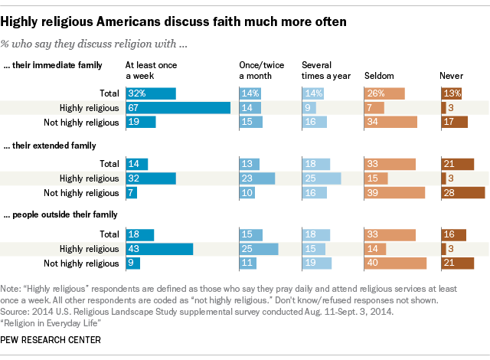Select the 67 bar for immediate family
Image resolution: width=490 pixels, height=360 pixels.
pos(178,108)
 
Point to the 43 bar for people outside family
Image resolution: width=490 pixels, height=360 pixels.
pos(158,249)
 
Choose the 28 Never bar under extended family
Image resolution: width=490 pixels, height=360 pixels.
pos(463,191)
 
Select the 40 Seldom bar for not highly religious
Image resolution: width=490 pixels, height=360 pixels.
pos(396,263)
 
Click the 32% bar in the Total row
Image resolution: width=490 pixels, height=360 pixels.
pos(150,93)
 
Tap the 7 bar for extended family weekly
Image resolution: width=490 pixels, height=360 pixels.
pos(132,191)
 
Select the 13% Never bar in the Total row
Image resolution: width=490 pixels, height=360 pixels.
pos(452,93)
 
